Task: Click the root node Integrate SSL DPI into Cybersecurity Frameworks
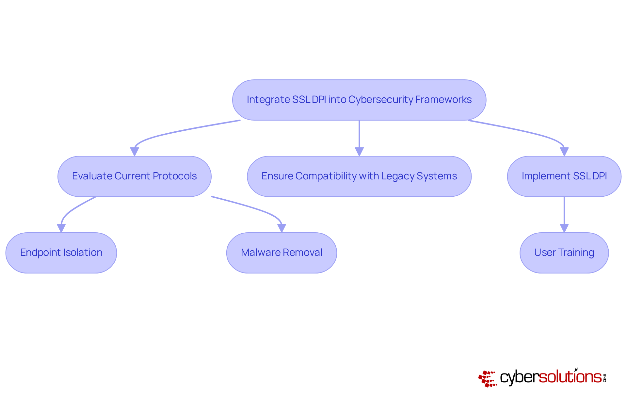point(359,100)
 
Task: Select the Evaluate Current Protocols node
point(134,176)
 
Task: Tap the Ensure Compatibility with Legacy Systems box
point(359,176)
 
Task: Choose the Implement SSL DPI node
point(564,176)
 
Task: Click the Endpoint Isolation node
point(61,253)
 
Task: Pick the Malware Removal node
point(281,253)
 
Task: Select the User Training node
point(564,253)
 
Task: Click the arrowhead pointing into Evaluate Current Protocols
point(134,152)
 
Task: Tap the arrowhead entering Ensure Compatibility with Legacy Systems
point(359,152)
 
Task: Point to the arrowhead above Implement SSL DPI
point(564,152)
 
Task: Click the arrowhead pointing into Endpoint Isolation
point(61,228)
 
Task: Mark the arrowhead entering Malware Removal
point(281,228)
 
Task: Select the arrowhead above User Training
point(564,228)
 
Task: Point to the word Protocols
point(175,176)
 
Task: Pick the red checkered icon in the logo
point(487,379)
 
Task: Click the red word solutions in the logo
point(570,377)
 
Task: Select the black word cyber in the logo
point(519,378)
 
